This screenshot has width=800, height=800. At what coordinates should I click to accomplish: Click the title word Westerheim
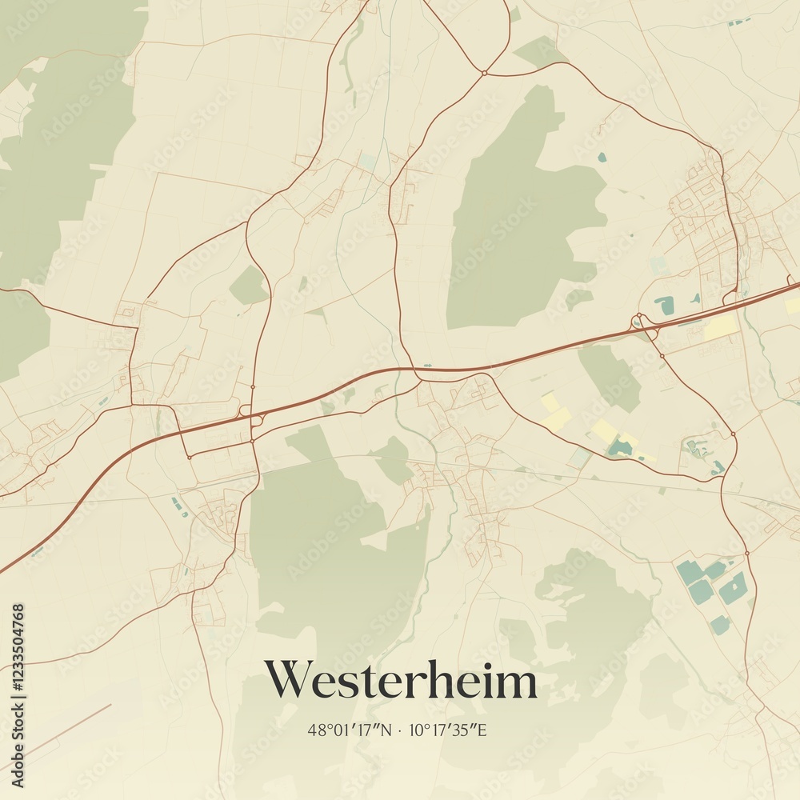[400, 682]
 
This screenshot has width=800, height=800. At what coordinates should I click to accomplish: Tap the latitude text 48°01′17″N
[350, 730]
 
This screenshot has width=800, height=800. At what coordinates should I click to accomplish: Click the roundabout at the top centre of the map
[484, 73]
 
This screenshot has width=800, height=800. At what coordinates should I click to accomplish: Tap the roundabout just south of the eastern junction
[662, 356]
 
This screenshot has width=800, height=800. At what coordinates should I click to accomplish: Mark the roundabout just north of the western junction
[252, 387]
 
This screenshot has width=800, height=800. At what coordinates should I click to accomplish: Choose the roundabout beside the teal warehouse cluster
[746, 553]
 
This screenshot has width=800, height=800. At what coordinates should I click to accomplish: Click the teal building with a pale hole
[733, 589]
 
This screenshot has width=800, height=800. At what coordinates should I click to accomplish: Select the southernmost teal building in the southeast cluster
[720, 625]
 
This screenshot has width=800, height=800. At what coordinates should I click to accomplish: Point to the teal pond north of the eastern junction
[664, 305]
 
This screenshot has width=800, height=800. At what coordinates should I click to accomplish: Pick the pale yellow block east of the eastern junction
[722, 327]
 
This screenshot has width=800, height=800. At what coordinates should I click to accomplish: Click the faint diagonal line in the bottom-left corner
[56, 732]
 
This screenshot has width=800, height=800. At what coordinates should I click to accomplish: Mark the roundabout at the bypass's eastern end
[733, 434]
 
